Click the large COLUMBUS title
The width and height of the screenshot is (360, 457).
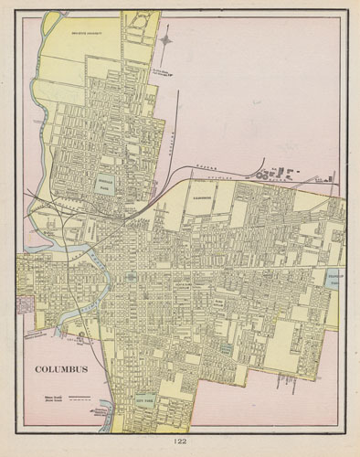click(x=61, y=369)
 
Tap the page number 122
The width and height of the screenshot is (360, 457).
click(x=180, y=442)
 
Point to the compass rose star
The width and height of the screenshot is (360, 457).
click(x=165, y=41)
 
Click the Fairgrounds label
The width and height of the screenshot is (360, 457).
click(x=202, y=194)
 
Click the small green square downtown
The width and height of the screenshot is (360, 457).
click(x=131, y=275)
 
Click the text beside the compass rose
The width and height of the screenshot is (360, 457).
click(x=163, y=74)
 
